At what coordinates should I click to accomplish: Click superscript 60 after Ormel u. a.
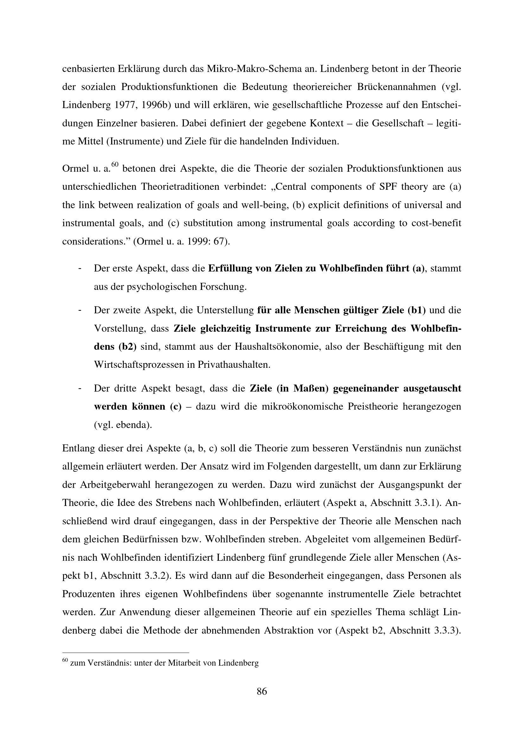(115, 165)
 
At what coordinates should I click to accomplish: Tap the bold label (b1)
(417, 310)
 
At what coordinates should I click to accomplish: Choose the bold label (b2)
(127, 347)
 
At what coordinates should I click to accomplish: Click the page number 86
(262, 692)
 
